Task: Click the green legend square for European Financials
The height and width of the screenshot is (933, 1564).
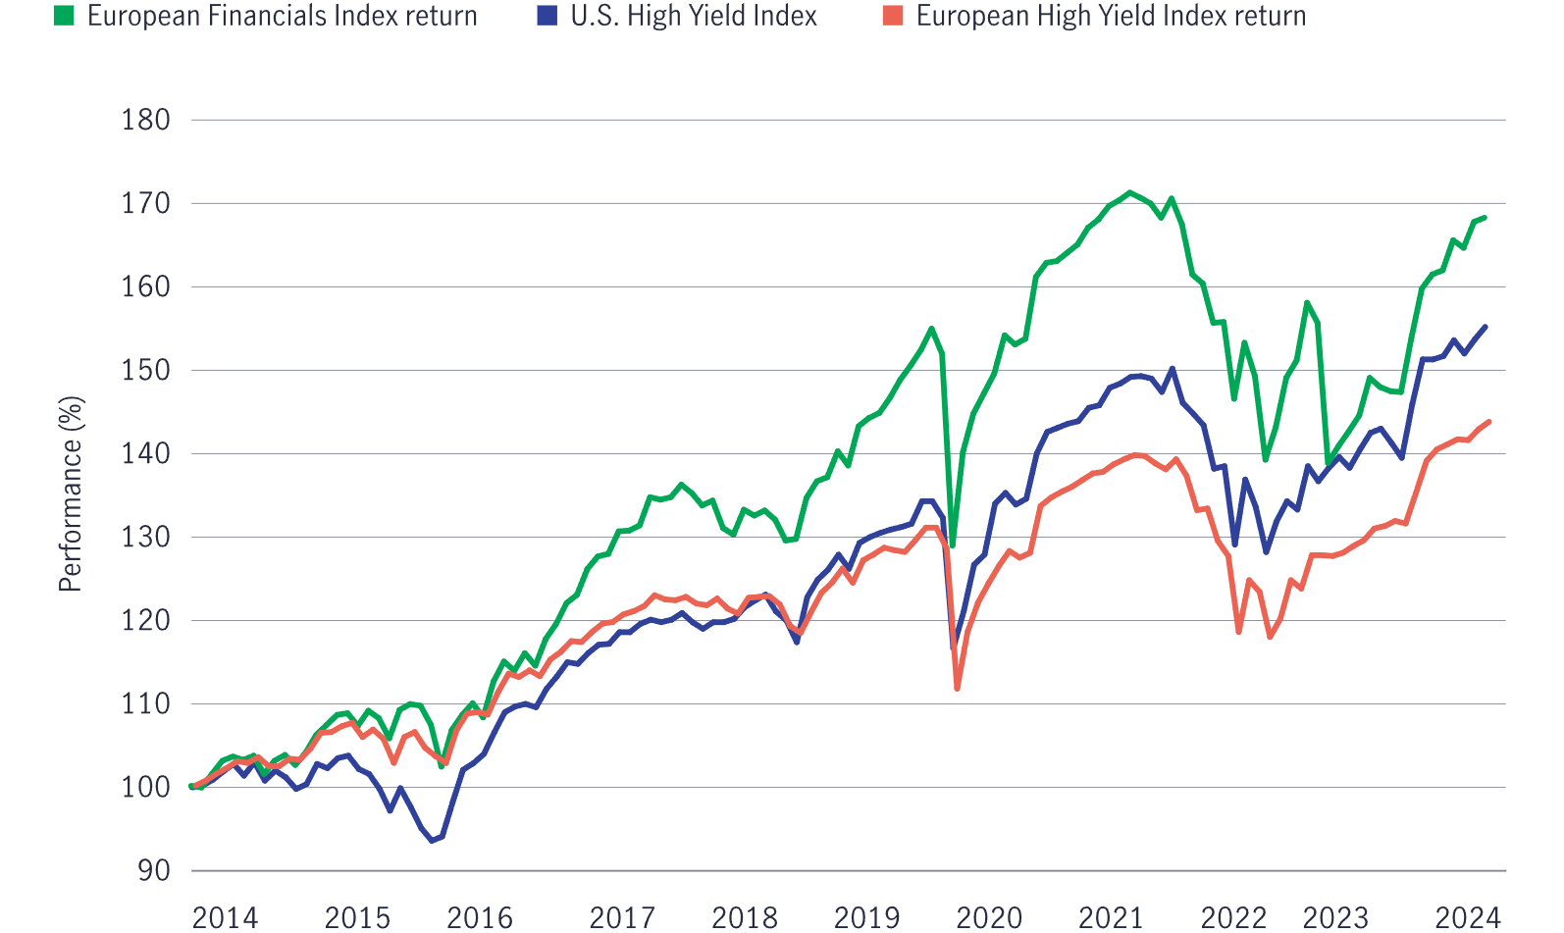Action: pos(64,16)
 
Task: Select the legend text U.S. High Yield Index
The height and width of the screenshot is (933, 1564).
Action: pos(693,16)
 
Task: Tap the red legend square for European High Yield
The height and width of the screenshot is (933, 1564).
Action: pos(892,16)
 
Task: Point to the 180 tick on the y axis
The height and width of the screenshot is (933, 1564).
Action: pos(145,120)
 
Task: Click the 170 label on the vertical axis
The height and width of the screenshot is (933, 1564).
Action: pos(145,203)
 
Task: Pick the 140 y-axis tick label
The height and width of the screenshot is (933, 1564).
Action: pos(145,453)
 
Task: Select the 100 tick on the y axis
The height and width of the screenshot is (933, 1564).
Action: pos(145,787)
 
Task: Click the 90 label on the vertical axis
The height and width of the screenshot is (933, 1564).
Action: pos(153,870)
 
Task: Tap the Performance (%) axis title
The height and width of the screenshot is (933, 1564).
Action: pos(70,493)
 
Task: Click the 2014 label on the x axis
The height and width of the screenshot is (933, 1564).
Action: pos(225,917)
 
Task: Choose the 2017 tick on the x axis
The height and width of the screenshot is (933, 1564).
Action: pos(622,917)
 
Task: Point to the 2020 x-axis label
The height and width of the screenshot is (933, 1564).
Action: pos(989,917)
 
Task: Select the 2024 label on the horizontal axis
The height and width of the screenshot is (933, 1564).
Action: pos(1468,917)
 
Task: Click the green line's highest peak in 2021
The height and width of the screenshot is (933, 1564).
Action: pos(1130,192)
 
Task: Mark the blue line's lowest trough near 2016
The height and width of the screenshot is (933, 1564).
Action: pos(432,841)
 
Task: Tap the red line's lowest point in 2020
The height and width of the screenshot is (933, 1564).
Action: pos(957,689)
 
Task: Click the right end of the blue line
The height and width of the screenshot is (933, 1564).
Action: pos(1486,327)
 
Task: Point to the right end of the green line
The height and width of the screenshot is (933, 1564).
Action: pos(1486,218)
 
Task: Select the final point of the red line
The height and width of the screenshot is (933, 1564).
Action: pos(1489,422)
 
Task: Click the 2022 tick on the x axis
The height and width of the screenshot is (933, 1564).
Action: pos(1233,917)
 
